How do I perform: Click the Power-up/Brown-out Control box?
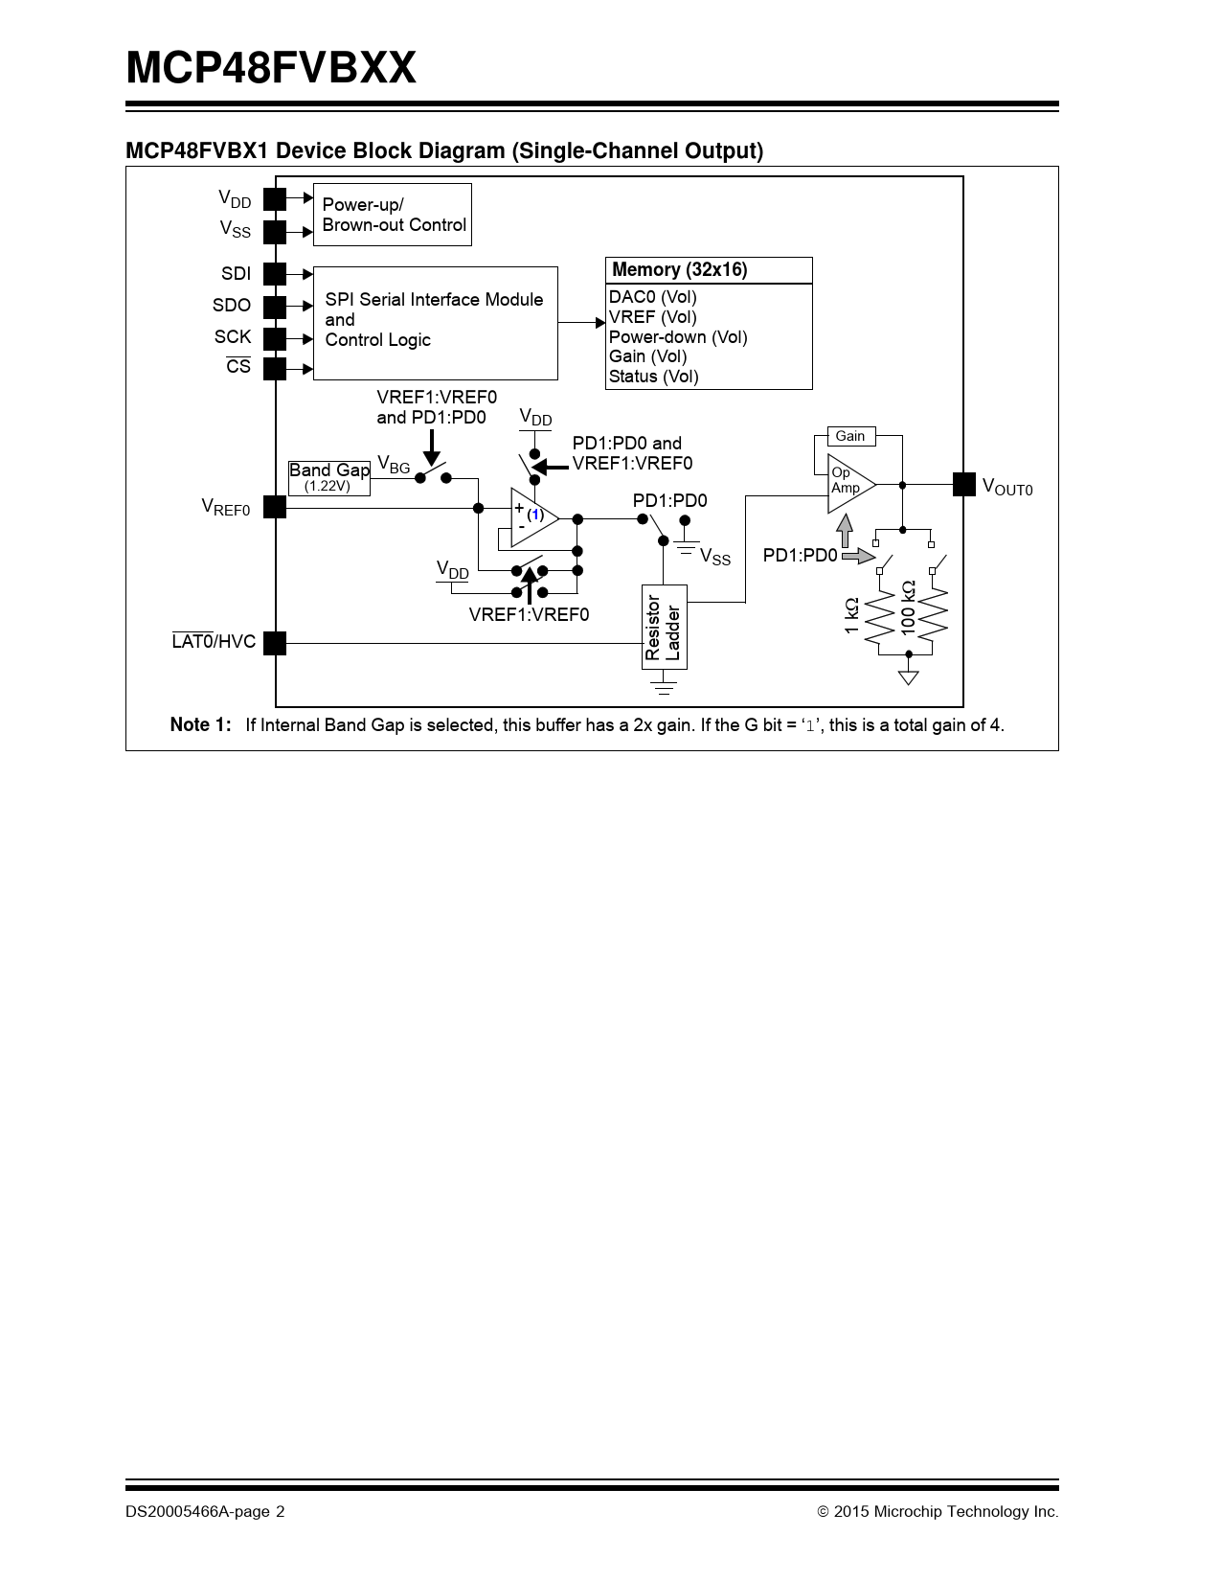click(x=392, y=215)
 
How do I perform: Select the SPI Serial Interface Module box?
click(x=435, y=323)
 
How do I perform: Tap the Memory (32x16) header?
click(x=709, y=270)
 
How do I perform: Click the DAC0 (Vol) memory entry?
click(x=653, y=297)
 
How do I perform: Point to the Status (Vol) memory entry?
click(x=654, y=377)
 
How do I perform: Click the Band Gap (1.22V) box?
click(x=328, y=476)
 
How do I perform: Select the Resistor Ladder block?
click(x=664, y=627)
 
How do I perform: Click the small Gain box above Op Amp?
click(x=849, y=436)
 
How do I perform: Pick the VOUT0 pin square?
click(x=963, y=485)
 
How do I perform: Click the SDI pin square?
click(x=275, y=274)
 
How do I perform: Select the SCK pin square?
click(x=275, y=338)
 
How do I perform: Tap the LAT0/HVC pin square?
click(x=275, y=643)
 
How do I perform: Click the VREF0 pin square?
click(x=275, y=507)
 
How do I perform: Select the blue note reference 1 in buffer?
click(x=535, y=515)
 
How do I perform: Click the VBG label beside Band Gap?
click(x=393, y=465)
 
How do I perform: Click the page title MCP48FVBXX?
click(x=271, y=69)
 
